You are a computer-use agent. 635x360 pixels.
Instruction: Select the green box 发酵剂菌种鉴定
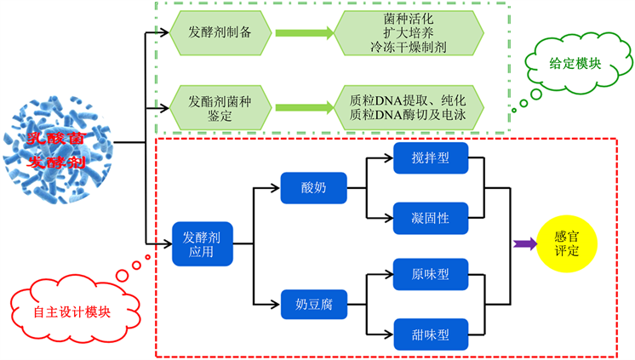click(219, 107)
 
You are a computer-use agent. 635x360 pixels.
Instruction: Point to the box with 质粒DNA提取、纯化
click(409, 100)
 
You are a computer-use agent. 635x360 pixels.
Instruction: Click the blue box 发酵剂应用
click(202, 243)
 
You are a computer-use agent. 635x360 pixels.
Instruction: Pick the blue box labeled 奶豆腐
click(314, 304)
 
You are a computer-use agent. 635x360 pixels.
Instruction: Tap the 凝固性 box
click(431, 218)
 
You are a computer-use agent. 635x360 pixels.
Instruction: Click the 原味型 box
click(431, 274)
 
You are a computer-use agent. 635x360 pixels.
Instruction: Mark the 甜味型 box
click(431, 333)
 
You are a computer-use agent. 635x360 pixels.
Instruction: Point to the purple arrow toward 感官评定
click(524, 244)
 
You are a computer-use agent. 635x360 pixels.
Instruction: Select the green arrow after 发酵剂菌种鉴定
click(303, 107)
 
